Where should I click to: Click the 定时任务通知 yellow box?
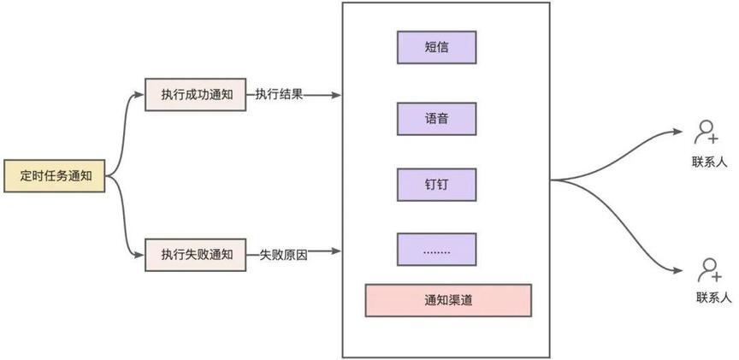click(x=55, y=175)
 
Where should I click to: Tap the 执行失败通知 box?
click(x=197, y=254)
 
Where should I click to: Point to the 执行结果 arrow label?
click(x=279, y=94)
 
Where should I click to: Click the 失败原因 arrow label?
click(x=283, y=255)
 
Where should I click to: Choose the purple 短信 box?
click(x=436, y=47)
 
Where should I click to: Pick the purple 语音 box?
click(x=436, y=118)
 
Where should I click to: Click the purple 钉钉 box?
click(x=436, y=184)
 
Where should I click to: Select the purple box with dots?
click(x=436, y=249)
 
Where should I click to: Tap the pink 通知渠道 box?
click(x=448, y=300)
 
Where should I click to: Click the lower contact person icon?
click(x=707, y=269)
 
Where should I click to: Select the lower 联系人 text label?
click(x=713, y=298)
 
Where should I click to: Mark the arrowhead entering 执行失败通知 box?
click(x=140, y=254)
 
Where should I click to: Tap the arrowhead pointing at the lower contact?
click(x=680, y=271)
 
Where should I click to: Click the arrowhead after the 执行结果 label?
click(x=337, y=94)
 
